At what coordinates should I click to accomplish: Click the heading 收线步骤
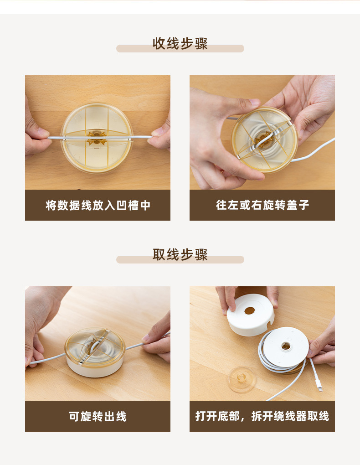tap(180, 44)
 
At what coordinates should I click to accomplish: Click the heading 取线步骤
tap(180, 255)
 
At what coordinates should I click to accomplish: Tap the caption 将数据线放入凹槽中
tap(98, 205)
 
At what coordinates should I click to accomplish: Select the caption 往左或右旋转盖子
tap(262, 205)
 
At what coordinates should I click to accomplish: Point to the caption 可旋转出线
tap(98, 416)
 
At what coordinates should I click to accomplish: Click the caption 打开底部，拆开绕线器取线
tap(262, 416)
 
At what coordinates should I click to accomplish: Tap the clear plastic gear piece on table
tap(241, 379)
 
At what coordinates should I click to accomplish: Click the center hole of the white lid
tap(250, 311)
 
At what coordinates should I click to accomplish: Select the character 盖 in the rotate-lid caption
tap(293, 205)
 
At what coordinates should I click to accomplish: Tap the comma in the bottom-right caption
tap(245, 418)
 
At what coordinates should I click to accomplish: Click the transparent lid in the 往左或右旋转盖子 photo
tap(264, 139)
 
